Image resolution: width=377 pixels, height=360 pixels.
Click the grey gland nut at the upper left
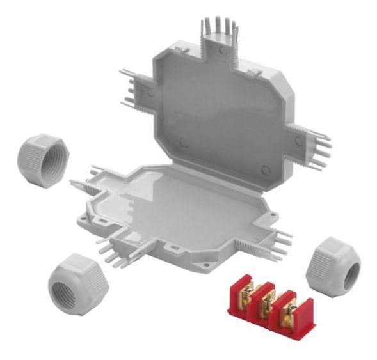click(42, 158)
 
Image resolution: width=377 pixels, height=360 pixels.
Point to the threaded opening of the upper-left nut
click(50, 161)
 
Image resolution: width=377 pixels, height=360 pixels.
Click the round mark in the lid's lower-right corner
click(266, 170)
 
